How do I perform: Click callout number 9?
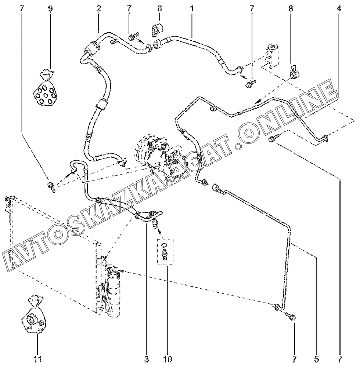click(x=50, y=8)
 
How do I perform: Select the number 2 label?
click(x=99, y=8)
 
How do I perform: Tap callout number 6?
click(x=159, y=8)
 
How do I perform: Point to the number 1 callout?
click(x=191, y=8)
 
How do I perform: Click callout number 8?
click(x=291, y=8)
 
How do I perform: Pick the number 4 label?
click(x=339, y=8)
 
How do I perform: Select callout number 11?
click(x=37, y=358)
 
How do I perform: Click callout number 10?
click(x=168, y=358)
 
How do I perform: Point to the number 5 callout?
click(x=317, y=358)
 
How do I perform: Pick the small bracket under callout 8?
click(x=294, y=72)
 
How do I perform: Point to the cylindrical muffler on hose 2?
click(x=91, y=48)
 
